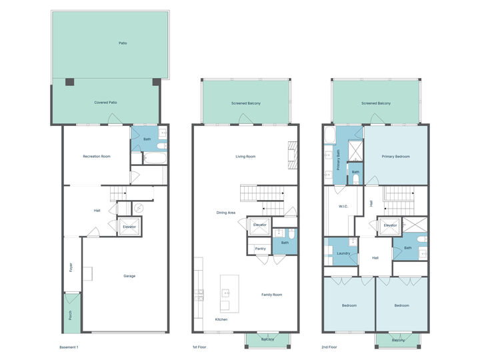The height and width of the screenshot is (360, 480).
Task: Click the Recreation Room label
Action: click(x=96, y=157)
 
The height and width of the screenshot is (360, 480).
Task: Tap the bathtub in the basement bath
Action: click(x=153, y=159)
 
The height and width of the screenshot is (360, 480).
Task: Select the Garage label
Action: click(x=129, y=275)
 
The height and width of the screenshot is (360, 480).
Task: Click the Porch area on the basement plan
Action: click(x=71, y=313)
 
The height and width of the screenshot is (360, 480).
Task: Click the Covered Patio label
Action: click(x=106, y=103)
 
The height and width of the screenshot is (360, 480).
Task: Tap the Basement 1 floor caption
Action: click(x=69, y=347)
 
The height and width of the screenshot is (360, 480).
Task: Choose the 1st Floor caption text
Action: click(x=199, y=347)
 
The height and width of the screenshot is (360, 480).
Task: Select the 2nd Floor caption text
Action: click(x=329, y=347)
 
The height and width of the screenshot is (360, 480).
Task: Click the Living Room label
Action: click(x=245, y=157)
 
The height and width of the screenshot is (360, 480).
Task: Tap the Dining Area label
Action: click(x=226, y=213)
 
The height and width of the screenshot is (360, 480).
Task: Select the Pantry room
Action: click(x=260, y=249)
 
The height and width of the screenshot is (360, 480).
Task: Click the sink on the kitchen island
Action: click(x=226, y=293)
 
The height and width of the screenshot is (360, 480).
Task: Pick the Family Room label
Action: click(x=271, y=294)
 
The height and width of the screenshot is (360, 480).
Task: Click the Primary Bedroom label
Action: click(x=395, y=157)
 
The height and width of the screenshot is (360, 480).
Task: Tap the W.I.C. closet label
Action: click(x=343, y=207)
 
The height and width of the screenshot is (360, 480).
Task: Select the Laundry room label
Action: click(x=343, y=253)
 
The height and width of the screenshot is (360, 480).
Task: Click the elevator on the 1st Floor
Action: click(x=260, y=225)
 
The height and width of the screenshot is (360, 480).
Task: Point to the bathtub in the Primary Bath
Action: click(x=329, y=137)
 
